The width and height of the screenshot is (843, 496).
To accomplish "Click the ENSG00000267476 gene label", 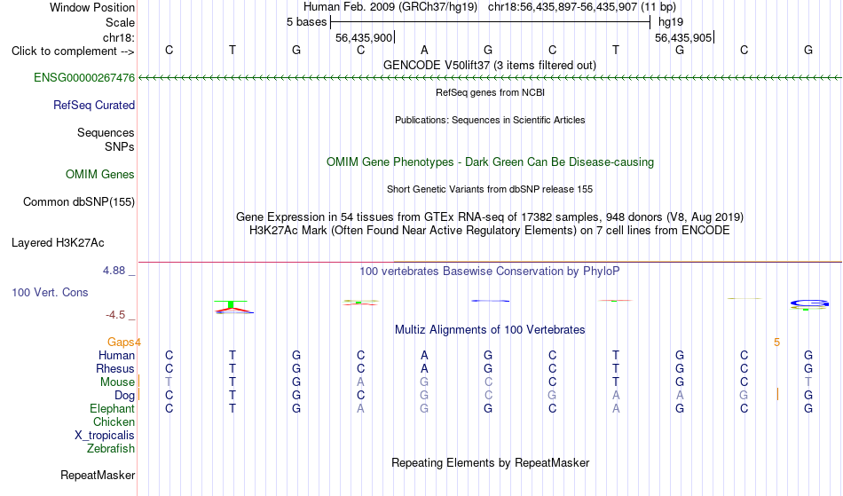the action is (84, 77).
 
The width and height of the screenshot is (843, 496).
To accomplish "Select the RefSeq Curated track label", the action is (93, 105).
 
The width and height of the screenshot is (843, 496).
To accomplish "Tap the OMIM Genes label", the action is (100, 174).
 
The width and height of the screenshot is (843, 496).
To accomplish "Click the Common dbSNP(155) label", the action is (78, 201).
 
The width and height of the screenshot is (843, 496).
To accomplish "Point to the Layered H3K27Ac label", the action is (58, 242).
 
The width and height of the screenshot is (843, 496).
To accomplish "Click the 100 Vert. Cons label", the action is (50, 292).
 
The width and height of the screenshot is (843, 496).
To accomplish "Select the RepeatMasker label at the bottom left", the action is (98, 475).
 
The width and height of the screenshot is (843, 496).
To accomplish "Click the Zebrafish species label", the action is (111, 448).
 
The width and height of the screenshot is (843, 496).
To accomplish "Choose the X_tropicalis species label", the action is (105, 436).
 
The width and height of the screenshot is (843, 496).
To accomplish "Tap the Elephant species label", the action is (112, 408).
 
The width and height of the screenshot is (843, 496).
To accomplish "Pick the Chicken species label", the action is (114, 421).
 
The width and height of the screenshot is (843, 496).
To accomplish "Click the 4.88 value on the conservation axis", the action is (114, 271).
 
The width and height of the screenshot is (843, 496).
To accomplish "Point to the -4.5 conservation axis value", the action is (115, 315).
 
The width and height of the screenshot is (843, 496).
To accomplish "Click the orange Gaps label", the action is (121, 342).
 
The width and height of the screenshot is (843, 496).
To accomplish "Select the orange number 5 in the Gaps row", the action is (776, 342).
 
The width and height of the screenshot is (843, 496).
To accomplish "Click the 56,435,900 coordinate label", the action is (364, 37).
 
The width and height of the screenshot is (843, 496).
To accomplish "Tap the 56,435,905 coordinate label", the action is (683, 37).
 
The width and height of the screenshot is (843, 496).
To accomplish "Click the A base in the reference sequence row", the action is (424, 50).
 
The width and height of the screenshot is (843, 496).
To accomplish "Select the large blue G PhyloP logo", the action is (809, 303).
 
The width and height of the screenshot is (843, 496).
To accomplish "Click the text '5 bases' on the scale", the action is (306, 22).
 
